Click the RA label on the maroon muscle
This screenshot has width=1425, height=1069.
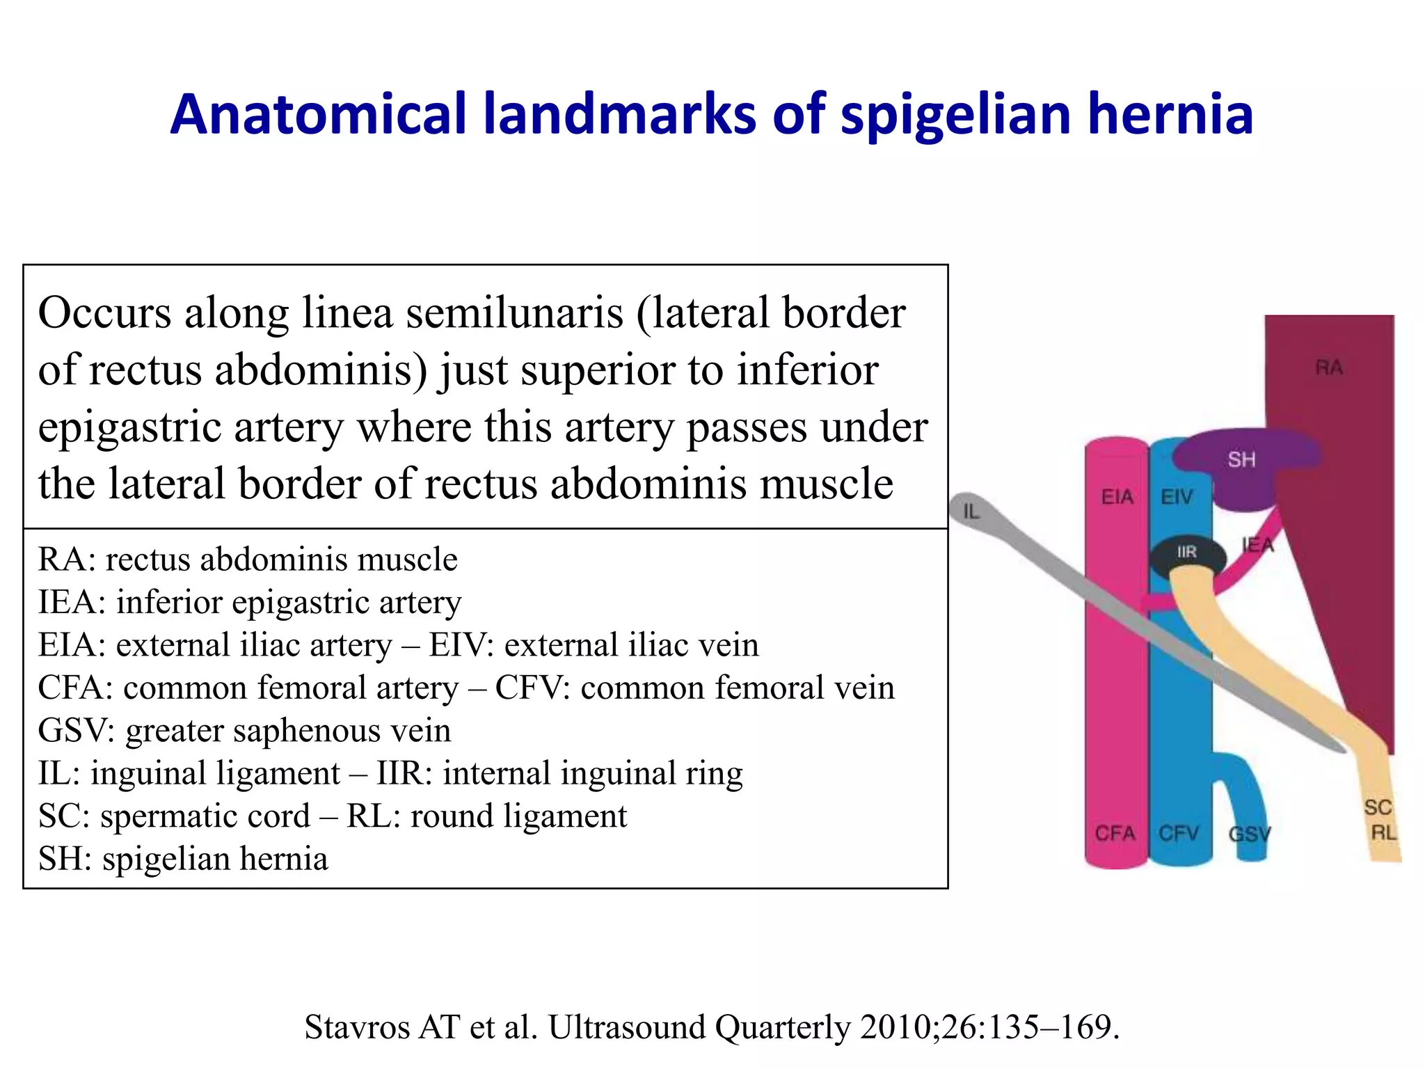coord(1329,367)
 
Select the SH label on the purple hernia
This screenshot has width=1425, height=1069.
coord(1242,459)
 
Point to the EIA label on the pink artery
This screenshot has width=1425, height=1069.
coord(1117,497)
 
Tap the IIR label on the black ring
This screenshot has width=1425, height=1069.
coord(1187,552)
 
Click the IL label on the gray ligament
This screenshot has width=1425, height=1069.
coord(971,512)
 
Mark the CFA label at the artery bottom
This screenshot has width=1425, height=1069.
coord(1115,833)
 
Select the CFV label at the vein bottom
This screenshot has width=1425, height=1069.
coord(1179,833)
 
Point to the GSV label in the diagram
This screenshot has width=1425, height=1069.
coord(1250,834)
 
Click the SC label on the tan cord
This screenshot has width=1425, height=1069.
coord(1378,807)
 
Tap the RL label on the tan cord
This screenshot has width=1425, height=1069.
coord(1384,832)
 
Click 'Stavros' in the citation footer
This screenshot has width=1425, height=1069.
coord(357,1027)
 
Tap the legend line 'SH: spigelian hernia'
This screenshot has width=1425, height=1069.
coord(183,859)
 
